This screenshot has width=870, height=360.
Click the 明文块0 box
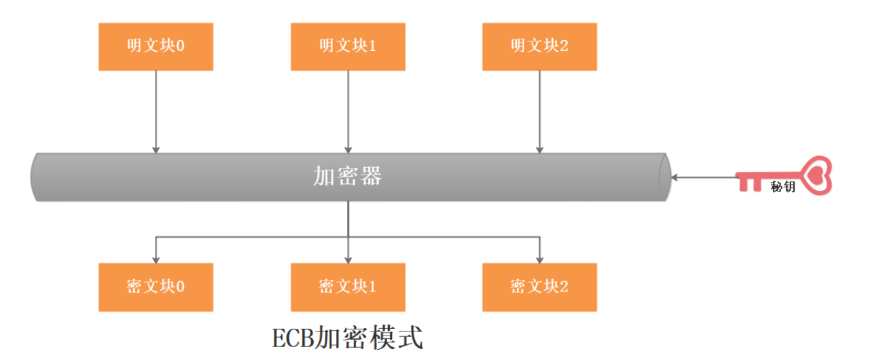(156, 47)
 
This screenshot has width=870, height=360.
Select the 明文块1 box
(348, 47)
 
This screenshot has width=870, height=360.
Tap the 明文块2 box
(539, 47)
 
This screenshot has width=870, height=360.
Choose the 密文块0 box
(156, 287)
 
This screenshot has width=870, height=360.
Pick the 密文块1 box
(348, 287)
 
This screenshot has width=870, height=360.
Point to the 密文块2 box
(539, 287)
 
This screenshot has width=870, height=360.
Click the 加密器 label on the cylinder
(348, 177)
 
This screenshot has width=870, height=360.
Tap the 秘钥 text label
(783, 187)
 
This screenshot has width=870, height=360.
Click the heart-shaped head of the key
(816, 175)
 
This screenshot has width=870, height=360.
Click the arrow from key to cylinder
(704, 177)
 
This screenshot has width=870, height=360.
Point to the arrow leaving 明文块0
(156, 112)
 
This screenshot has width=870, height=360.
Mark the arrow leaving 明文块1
(348, 112)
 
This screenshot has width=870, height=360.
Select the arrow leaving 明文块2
(539, 112)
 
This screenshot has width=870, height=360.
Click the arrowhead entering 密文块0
(156, 260)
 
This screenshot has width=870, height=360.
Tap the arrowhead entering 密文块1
(348, 260)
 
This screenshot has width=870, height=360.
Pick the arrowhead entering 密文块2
(539, 260)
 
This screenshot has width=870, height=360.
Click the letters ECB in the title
(293, 338)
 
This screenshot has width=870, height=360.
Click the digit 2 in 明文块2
(564, 46)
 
